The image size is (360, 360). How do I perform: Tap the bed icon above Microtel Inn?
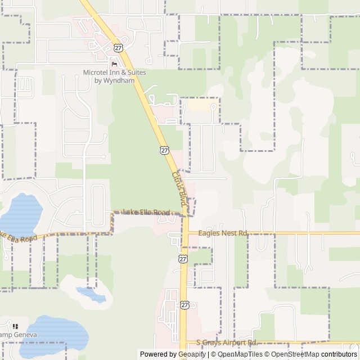pos(115,64)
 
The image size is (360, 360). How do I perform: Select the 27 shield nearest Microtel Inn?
pos(118,48)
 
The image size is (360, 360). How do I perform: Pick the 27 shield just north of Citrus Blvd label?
pos(164,150)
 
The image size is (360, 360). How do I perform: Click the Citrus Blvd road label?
pos(179,188)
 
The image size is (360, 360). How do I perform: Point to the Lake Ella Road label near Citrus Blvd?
pos(147,212)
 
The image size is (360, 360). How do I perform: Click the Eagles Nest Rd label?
pos(218,232)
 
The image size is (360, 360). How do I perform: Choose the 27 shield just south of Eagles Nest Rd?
pos(183,258)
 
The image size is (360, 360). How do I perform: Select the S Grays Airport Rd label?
pos(227,343)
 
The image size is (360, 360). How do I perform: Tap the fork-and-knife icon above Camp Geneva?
pos(15,326)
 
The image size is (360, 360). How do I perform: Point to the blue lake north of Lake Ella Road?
pos(20,214)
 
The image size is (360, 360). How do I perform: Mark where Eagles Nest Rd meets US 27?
pos(183,232)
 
